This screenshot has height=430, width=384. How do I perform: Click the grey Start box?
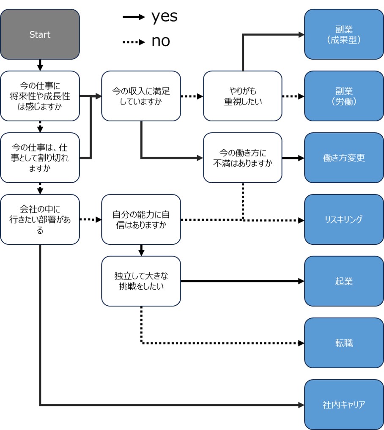[40, 34]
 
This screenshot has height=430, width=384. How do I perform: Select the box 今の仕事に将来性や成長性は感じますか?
[40, 96]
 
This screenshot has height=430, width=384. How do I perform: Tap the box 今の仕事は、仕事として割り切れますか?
[40, 158]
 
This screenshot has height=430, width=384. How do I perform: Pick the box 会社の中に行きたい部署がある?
[40, 219]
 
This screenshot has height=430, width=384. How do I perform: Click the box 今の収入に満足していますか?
[141, 96]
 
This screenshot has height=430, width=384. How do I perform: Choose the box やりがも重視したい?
[242, 96]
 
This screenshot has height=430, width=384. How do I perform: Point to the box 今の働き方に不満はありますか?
[242, 158]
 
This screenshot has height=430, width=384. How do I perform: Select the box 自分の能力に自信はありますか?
[141, 219]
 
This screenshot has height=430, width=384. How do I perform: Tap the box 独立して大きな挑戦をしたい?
[141, 281]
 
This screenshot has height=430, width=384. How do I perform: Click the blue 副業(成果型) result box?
[343, 34]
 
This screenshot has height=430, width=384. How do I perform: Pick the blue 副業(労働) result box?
[343, 96]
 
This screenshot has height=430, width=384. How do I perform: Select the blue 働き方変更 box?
[343, 158]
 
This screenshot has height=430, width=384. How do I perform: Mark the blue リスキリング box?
[343, 219]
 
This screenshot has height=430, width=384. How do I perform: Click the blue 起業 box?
[343, 281]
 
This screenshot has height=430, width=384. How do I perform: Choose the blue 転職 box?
[343, 343]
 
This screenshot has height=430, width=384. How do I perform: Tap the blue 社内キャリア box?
[343, 405]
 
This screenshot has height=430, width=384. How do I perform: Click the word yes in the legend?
[164, 17]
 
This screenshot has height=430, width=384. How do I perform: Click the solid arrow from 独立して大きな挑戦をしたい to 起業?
[241, 281]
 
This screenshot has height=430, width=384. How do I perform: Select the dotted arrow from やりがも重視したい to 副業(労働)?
[293, 96]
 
